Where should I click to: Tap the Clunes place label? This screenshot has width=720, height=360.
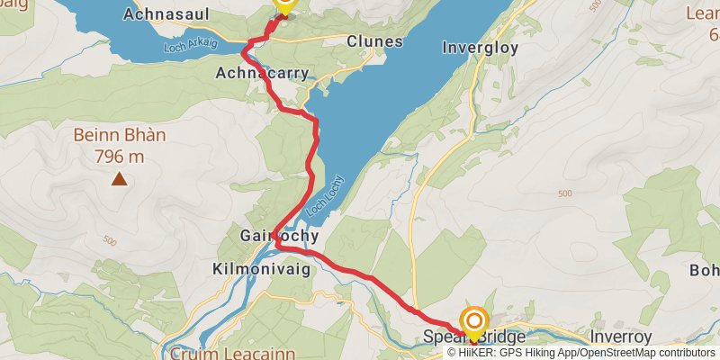(373, 40)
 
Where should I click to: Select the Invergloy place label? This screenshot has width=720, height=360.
(481, 48)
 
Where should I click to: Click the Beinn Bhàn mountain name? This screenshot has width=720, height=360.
(119, 136)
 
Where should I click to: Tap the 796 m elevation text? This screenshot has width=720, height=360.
(119, 157)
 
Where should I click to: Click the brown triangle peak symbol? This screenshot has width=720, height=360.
(119, 179)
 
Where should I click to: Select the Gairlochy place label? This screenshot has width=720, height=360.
(279, 237)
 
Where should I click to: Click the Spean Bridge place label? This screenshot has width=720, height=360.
(473, 337)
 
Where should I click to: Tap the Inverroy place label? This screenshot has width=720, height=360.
(620, 337)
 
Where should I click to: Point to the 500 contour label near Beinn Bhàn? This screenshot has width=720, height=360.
(110, 241)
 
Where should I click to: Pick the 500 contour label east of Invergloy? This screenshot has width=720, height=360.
(565, 194)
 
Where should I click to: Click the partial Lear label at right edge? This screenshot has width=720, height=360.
(701, 13)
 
